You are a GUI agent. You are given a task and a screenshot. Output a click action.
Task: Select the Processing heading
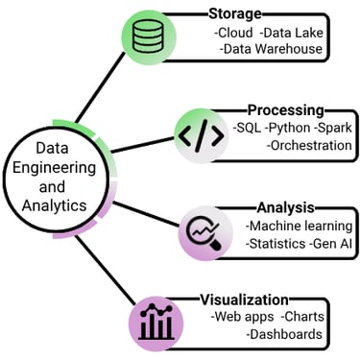(285, 110)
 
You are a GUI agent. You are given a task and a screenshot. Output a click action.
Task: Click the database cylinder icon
(148, 37)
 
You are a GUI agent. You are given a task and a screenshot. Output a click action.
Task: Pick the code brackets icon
(201, 133)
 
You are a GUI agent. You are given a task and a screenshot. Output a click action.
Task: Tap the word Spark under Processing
(333, 128)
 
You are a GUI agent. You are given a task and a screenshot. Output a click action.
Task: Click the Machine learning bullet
(299, 225)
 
